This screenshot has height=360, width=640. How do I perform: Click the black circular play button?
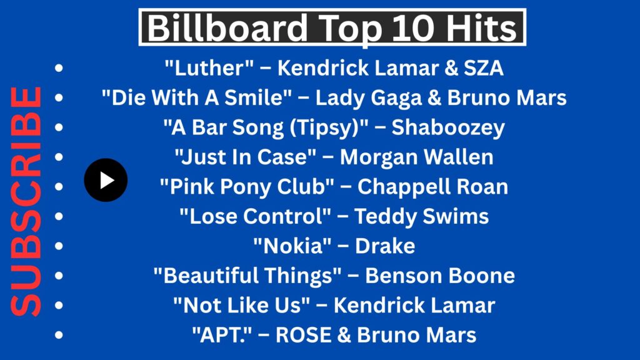click(106, 180)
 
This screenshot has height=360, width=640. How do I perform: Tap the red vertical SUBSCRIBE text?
click(26, 202)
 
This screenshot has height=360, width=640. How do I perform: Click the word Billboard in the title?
click(227, 27)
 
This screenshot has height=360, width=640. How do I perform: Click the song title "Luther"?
click(209, 67)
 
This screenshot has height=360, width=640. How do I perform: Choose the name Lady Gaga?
click(369, 98)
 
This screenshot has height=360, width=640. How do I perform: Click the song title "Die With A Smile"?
click(197, 97)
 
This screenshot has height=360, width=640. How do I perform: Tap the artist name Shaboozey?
click(448, 127)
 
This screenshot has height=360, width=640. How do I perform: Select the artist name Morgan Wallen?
click(417, 157)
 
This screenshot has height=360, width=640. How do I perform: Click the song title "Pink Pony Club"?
click(247, 187)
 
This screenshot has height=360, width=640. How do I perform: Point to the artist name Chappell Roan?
click(432, 187)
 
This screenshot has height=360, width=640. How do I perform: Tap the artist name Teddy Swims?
click(422, 216)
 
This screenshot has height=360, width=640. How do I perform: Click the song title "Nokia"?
click(292, 246)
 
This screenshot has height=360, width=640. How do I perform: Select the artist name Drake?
click(385, 246)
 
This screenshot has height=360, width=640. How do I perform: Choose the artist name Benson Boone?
click(440, 276)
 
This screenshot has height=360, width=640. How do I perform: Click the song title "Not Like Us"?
click(242, 305)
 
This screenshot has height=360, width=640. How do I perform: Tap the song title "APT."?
click(222, 335)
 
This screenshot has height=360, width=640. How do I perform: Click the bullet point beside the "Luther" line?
click(59, 67)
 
